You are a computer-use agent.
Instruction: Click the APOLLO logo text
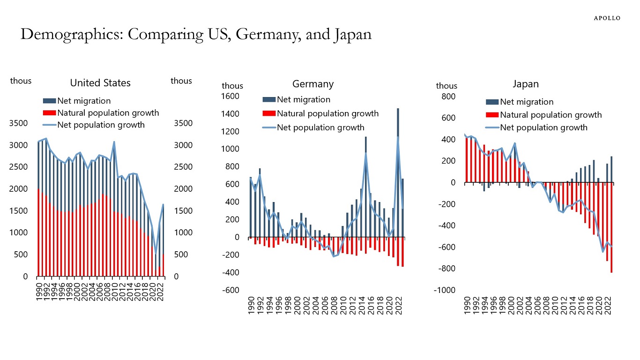click(x=607, y=18)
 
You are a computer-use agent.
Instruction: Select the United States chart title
click(x=100, y=83)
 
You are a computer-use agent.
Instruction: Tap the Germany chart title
click(x=313, y=84)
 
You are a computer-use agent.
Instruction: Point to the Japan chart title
click(x=526, y=84)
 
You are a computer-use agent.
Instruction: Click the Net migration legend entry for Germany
click(x=303, y=99)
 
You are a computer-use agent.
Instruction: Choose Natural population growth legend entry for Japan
click(x=551, y=115)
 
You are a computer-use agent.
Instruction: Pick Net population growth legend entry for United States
click(x=101, y=125)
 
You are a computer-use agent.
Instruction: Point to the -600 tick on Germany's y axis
click(x=230, y=290)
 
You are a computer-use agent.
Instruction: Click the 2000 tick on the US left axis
click(x=19, y=189)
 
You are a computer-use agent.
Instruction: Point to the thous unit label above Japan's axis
click(x=447, y=86)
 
